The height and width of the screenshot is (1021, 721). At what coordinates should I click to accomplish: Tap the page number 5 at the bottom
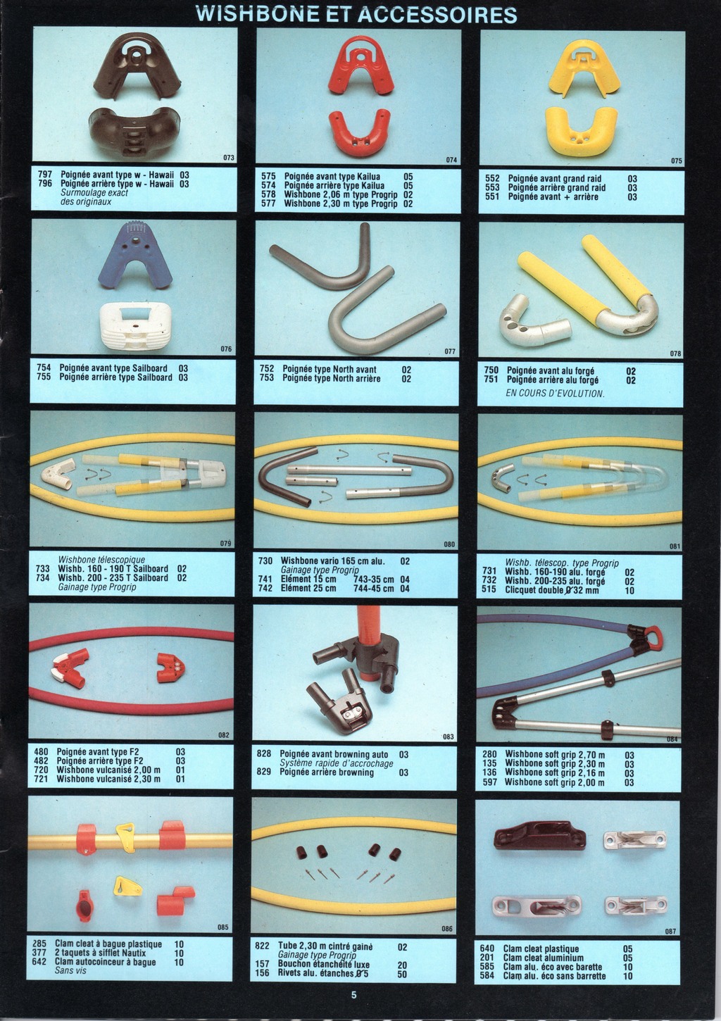tap(353, 995)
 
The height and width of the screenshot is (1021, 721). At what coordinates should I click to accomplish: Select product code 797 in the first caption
tap(45, 174)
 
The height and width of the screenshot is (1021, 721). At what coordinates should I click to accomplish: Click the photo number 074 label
tap(451, 160)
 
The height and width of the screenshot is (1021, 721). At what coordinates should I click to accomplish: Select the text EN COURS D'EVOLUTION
tap(555, 393)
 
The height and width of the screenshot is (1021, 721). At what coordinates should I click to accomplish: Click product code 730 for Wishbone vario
tap(265, 561)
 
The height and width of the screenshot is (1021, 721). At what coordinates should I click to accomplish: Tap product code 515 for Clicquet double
tap(489, 590)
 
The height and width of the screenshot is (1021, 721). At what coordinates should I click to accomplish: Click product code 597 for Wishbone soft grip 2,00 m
tap(490, 782)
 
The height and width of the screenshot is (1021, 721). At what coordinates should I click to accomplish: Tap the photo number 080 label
tap(449, 544)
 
